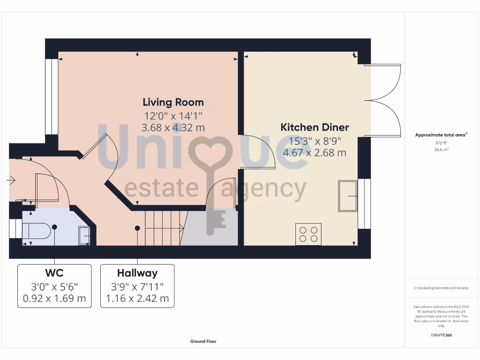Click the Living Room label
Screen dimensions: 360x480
point(173,102)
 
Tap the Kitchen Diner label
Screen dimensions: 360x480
point(315,127)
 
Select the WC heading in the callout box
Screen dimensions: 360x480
point(54,273)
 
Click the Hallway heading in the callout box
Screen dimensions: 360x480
point(137,273)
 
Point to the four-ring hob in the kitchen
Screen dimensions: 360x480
point(308,233)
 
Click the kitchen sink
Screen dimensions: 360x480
point(347,196)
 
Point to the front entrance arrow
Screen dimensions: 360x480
point(11,180)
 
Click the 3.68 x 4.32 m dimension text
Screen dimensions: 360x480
point(173,127)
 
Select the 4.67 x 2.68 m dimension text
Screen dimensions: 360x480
point(315,152)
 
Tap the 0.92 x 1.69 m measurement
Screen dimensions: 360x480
point(54,299)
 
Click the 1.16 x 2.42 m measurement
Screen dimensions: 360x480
point(137,299)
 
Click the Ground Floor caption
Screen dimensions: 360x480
point(203,341)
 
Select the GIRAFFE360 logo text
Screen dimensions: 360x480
point(441,335)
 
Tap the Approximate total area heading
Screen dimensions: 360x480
point(441,135)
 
